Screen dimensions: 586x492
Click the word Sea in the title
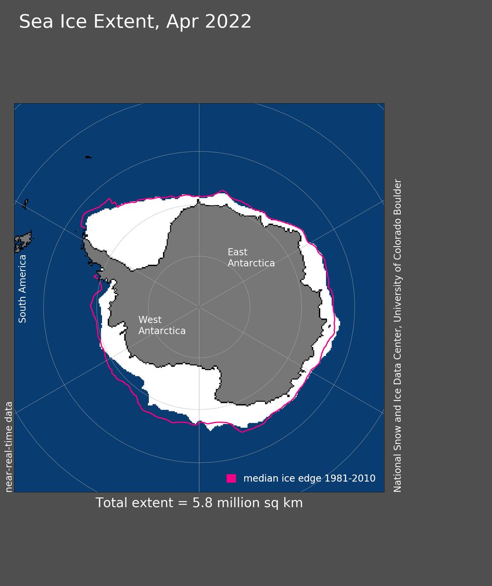click(37, 22)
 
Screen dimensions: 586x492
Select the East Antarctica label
click(251, 258)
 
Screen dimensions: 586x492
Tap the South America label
click(22, 288)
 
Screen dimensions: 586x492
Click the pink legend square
click(231, 478)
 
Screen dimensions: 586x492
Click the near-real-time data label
click(9, 446)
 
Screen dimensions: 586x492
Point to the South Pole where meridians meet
click(199, 307)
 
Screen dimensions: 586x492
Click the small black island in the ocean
click(88, 157)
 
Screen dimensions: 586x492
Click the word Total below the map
click(112, 503)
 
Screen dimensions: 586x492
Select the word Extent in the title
click(132, 22)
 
